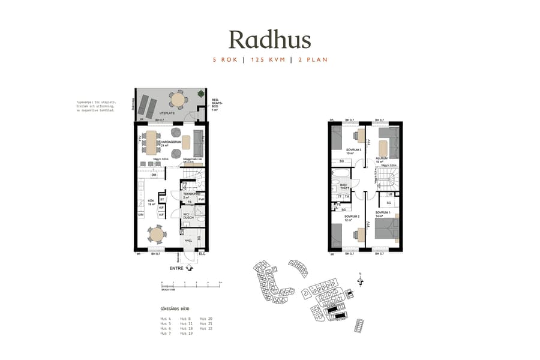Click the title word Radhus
269,40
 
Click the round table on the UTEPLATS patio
177,98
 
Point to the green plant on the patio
200,94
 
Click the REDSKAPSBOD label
217,103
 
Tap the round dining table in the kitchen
157,233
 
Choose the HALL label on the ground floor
188,240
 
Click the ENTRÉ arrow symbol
189,269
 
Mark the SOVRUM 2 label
352,217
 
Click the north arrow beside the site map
360,280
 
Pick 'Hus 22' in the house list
206,329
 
